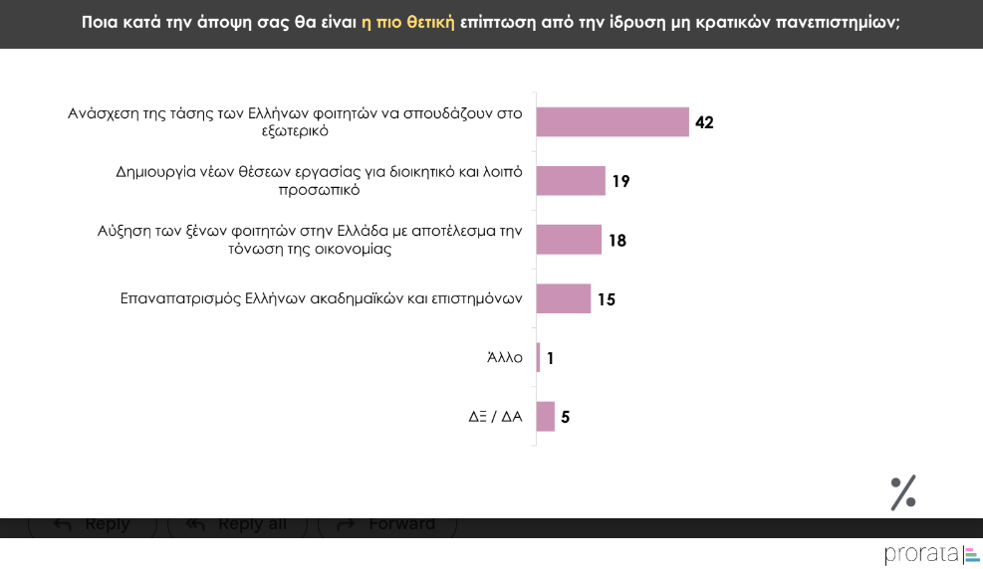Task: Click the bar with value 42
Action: (613, 121)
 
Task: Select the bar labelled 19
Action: (571, 181)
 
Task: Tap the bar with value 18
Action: (569, 240)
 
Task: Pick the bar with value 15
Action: (564, 298)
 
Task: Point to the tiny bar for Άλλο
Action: (539, 357)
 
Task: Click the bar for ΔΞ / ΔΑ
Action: (546, 416)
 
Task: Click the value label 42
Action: (705, 122)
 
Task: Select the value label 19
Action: (621, 182)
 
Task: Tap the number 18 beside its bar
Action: (617, 241)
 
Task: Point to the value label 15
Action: (607, 299)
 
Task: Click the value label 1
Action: (550, 358)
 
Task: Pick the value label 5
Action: (565, 417)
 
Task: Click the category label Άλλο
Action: (505, 358)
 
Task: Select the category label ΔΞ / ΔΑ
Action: (496, 417)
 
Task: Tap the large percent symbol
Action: (902, 492)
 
